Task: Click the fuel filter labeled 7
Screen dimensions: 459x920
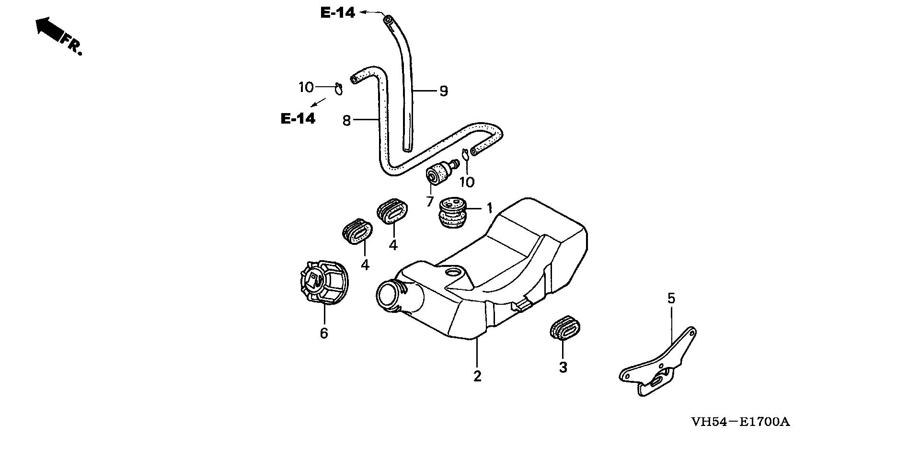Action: [x=439, y=173]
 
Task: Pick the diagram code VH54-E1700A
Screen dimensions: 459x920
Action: [x=740, y=422]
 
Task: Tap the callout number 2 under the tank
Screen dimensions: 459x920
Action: [x=477, y=376]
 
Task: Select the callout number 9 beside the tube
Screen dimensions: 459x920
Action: [x=444, y=91]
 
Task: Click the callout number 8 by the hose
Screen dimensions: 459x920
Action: [x=347, y=120]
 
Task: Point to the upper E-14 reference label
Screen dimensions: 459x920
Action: [x=338, y=13]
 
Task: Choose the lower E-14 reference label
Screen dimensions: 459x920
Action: [x=298, y=118]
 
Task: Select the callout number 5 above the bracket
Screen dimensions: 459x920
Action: [x=671, y=298]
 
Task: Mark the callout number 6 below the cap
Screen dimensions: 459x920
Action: [x=324, y=333]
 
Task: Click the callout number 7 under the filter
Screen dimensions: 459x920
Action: [x=430, y=201]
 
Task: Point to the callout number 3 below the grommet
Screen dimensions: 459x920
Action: [x=563, y=367]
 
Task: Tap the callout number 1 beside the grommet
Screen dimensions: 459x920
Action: [x=490, y=208]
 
